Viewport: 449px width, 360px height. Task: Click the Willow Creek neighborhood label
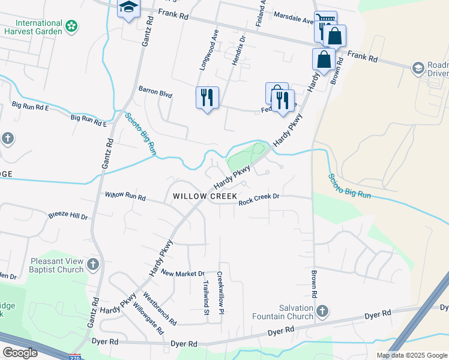205,196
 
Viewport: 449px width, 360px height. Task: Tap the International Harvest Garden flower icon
72,26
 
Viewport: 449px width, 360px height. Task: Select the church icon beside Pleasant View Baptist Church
92,265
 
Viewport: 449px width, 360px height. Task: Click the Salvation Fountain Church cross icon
322,311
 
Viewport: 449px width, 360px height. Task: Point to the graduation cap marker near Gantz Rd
128,8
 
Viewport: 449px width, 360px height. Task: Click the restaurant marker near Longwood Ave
207,97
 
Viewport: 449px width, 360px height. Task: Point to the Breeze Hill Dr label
68,216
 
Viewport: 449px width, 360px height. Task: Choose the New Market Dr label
182,273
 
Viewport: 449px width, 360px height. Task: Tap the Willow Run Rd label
125,196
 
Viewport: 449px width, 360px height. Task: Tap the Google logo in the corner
20,353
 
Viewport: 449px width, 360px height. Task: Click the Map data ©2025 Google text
412,355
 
